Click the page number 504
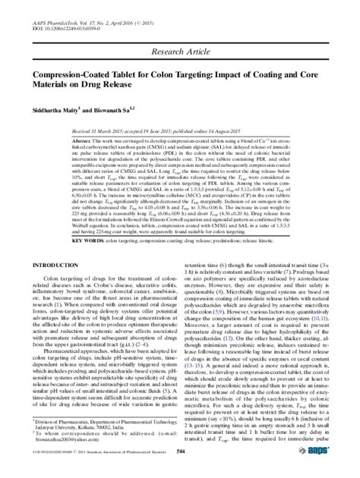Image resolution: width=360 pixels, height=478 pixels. coord(179,470)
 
